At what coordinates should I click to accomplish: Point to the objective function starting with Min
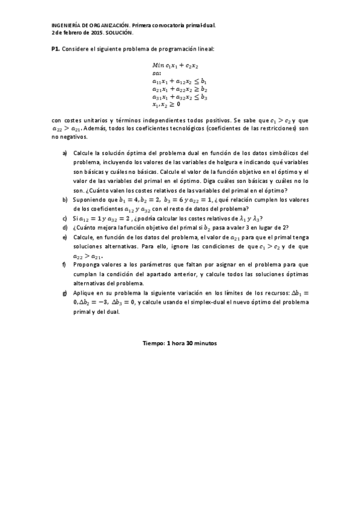click(x=175, y=64)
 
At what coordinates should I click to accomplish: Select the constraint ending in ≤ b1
click(x=180, y=80)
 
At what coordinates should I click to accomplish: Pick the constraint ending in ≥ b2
click(x=180, y=88)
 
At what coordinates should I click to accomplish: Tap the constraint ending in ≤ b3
click(x=180, y=96)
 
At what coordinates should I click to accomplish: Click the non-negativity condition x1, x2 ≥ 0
click(x=166, y=104)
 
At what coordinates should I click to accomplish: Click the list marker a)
click(x=65, y=153)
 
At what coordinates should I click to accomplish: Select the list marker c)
click(x=65, y=218)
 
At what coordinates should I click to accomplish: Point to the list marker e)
click(x=65, y=237)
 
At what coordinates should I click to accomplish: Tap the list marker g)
click(x=65, y=293)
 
